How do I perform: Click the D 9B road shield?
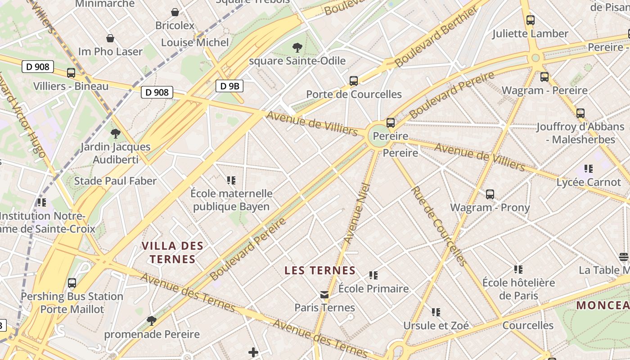[229, 85]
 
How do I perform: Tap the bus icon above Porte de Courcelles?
[354, 81]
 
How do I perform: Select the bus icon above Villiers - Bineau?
[71, 73]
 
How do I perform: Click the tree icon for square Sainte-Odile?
[297, 47]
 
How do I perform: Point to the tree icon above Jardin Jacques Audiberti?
[116, 133]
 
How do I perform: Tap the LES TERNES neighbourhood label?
[320, 270]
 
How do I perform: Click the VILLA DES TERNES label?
[173, 252]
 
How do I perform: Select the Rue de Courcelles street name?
[438, 226]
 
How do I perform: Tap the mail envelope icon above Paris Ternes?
[324, 295]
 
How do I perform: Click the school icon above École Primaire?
[373, 275]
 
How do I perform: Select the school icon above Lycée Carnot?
[588, 169]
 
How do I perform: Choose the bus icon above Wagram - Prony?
[490, 194]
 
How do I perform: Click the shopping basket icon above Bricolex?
[175, 12]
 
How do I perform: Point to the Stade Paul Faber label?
[115, 181]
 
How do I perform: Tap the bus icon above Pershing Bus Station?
[72, 283]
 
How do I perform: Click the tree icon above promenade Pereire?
[152, 321]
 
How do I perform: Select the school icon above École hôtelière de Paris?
[518, 270]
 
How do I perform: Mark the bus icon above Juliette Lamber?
[531, 20]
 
